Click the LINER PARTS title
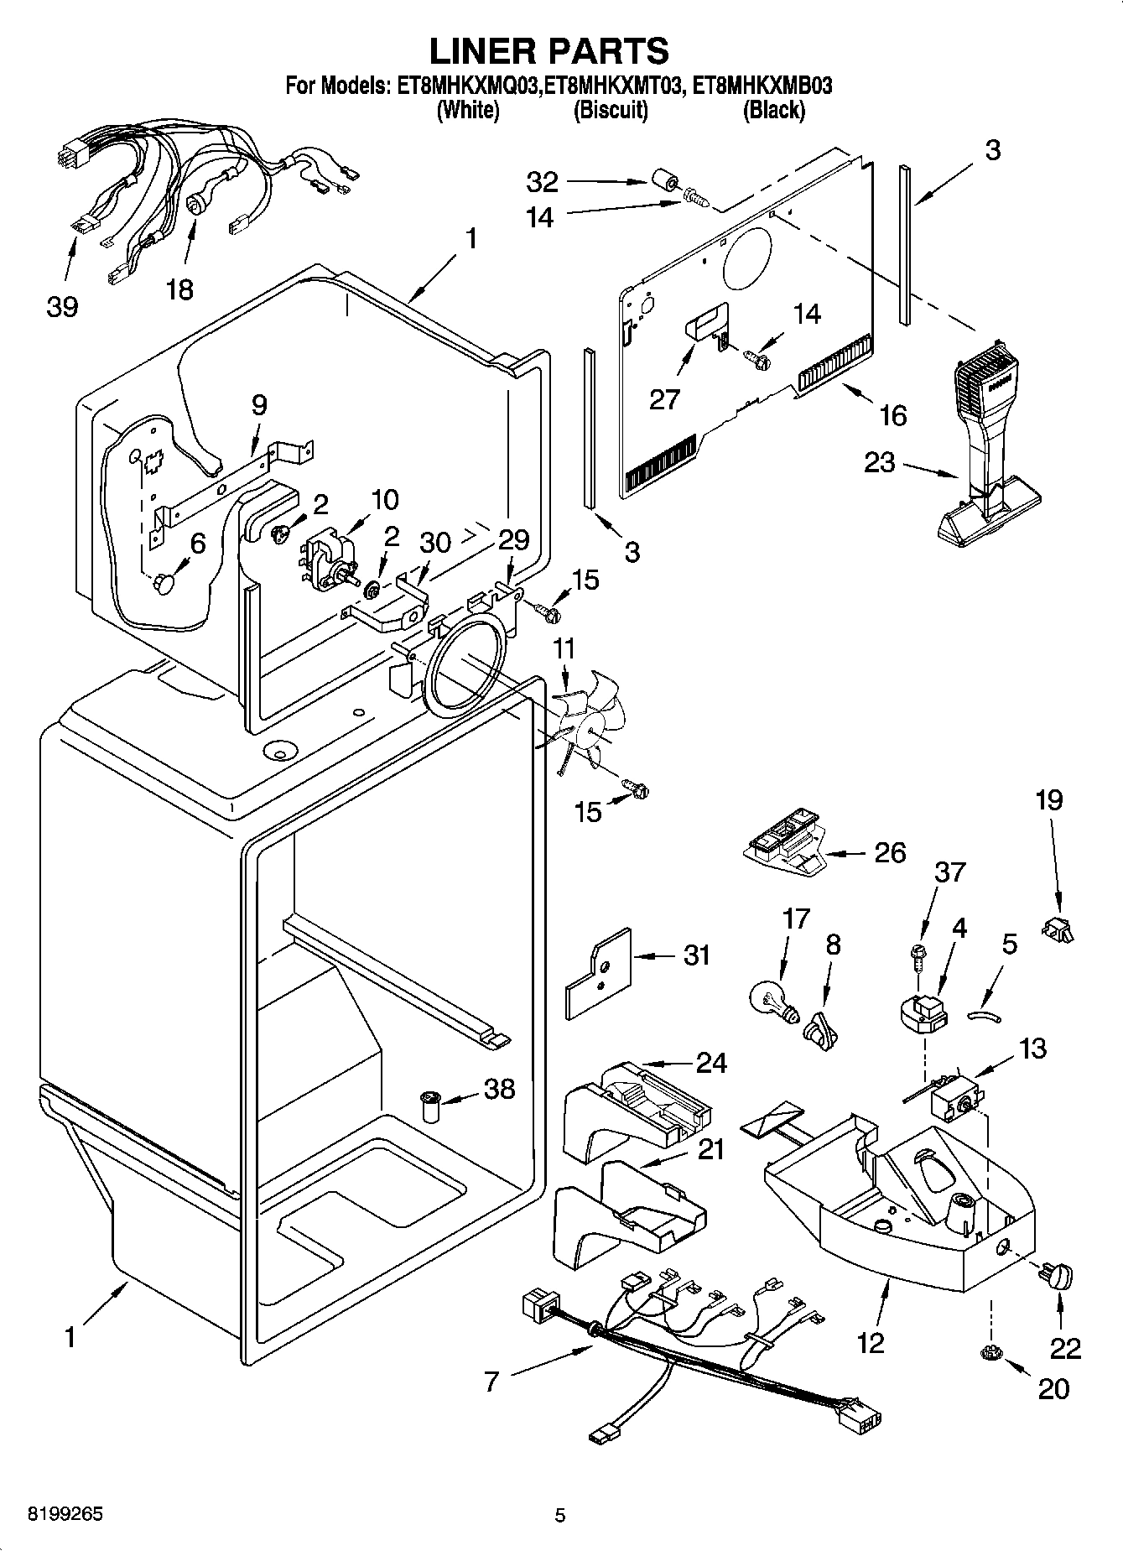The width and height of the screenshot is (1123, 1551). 549,50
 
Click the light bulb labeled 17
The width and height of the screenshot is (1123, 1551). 769,999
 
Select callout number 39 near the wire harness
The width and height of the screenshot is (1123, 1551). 61,307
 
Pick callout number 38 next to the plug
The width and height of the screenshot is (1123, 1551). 500,1090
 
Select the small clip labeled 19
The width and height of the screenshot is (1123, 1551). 1058,928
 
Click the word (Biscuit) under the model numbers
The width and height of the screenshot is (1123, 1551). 610,110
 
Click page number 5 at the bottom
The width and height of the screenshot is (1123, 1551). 560,1515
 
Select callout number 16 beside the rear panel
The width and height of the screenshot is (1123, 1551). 894,414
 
